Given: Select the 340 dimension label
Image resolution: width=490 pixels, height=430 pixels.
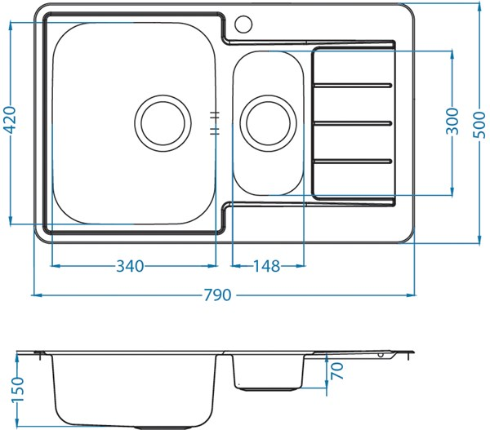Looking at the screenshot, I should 131,266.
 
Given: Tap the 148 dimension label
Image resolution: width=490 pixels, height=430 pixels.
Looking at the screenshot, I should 265,266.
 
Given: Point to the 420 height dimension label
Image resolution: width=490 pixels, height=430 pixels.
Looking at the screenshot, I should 10,121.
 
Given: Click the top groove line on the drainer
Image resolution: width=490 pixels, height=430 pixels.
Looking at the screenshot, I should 354,84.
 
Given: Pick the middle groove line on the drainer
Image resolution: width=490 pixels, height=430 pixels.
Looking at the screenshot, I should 354,122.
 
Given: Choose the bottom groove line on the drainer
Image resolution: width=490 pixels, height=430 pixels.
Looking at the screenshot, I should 354,161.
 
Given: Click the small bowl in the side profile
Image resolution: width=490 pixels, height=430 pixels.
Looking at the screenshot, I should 267,371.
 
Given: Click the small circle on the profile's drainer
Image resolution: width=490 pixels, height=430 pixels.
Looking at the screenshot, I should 380,356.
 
